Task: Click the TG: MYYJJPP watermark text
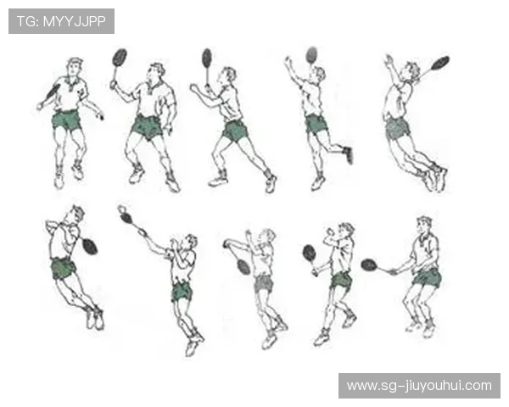point(61,21)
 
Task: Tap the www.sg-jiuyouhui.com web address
point(419,386)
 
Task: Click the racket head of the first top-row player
point(53,92)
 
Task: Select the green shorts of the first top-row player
point(66,120)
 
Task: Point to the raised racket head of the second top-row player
point(120,58)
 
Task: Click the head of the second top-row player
point(155,73)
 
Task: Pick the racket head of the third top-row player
point(207,58)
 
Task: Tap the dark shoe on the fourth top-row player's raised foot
point(348,154)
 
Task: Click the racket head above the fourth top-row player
point(311,54)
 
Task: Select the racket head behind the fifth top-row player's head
point(440,62)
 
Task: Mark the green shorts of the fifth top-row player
point(397,128)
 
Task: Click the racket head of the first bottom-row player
point(90,247)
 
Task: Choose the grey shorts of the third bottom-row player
point(264,283)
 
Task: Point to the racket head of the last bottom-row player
point(369,265)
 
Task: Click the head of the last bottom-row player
point(424,226)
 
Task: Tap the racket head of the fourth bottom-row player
point(310,253)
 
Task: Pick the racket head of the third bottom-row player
point(243,266)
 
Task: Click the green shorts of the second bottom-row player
point(182,292)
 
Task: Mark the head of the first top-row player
point(75,68)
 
